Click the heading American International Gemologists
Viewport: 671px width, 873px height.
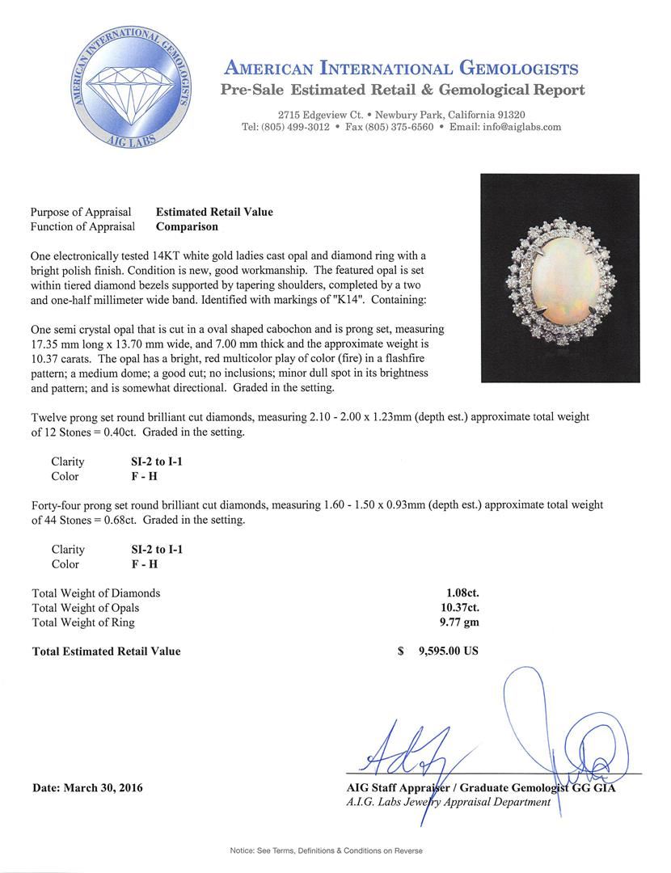coord(401,68)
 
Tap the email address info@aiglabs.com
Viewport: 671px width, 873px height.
coord(517,127)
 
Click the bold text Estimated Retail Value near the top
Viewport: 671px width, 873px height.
coord(214,212)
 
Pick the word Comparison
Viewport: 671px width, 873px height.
coord(187,227)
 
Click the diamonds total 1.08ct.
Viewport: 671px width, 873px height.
coord(458,593)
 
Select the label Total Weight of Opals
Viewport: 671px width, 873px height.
coord(86,608)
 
